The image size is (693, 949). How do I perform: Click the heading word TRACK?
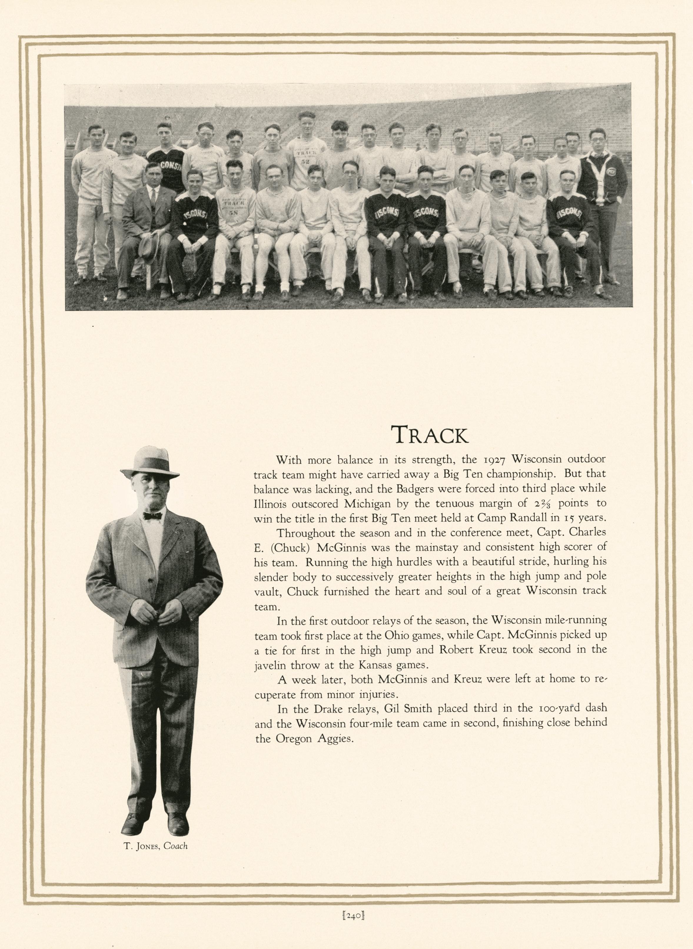pyautogui.click(x=430, y=435)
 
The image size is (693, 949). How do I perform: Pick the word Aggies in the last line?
pyautogui.click(x=333, y=738)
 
